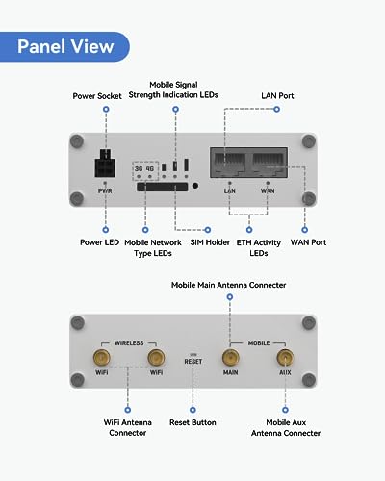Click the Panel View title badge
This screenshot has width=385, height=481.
click(65, 45)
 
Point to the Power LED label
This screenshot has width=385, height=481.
click(105, 242)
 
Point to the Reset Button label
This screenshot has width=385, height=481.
click(192, 422)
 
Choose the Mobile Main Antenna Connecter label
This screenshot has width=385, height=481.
click(230, 286)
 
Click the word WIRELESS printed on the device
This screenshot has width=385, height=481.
click(128, 342)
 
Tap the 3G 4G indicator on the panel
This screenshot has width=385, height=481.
click(145, 167)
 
